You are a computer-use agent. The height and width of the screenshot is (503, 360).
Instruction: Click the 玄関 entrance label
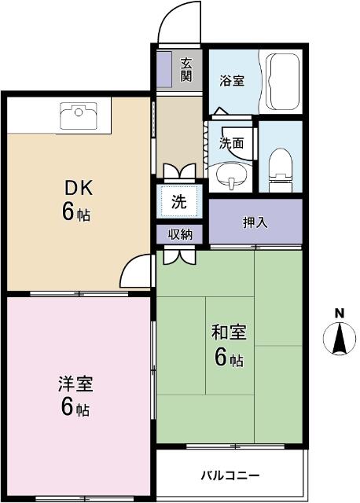[186, 70]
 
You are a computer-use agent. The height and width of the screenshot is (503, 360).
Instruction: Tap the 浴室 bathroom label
[232, 80]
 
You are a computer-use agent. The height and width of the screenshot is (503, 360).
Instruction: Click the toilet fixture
[281, 170]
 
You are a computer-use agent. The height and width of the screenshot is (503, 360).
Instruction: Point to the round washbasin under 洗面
[231, 177]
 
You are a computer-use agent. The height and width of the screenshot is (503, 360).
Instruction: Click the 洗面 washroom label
[231, 143]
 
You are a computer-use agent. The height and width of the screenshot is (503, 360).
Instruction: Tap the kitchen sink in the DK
[79, 116]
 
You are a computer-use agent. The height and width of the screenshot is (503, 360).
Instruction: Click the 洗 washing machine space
[179, 201]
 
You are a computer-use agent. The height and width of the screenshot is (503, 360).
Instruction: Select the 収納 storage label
[180, 234]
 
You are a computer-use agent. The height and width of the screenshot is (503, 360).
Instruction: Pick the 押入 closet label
[255, 222]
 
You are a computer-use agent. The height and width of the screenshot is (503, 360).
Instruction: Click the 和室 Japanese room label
[229, 332]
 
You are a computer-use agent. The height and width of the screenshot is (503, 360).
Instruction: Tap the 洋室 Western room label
[75, 384]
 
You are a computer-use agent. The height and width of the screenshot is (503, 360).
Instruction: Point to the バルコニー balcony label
[230, 475]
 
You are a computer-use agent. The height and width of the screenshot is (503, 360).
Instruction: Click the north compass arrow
[339, 339]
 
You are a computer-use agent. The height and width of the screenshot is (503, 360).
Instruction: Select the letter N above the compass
[340, 313]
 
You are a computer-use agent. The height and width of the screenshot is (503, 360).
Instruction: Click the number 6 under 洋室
[68, 406]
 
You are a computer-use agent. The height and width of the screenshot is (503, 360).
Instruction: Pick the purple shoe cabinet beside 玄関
[164, 68]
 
